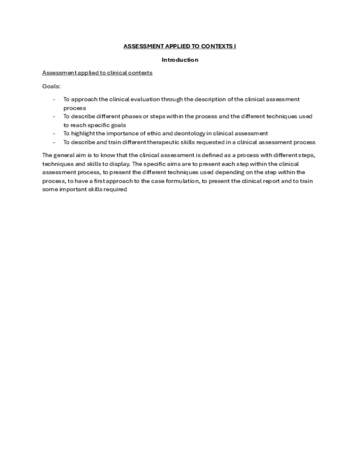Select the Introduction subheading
coord(180,60)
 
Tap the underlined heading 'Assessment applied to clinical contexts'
coord(97,73)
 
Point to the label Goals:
coord(51,86)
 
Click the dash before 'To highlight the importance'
coord(54,134)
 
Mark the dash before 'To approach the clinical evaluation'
coord(54,99)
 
